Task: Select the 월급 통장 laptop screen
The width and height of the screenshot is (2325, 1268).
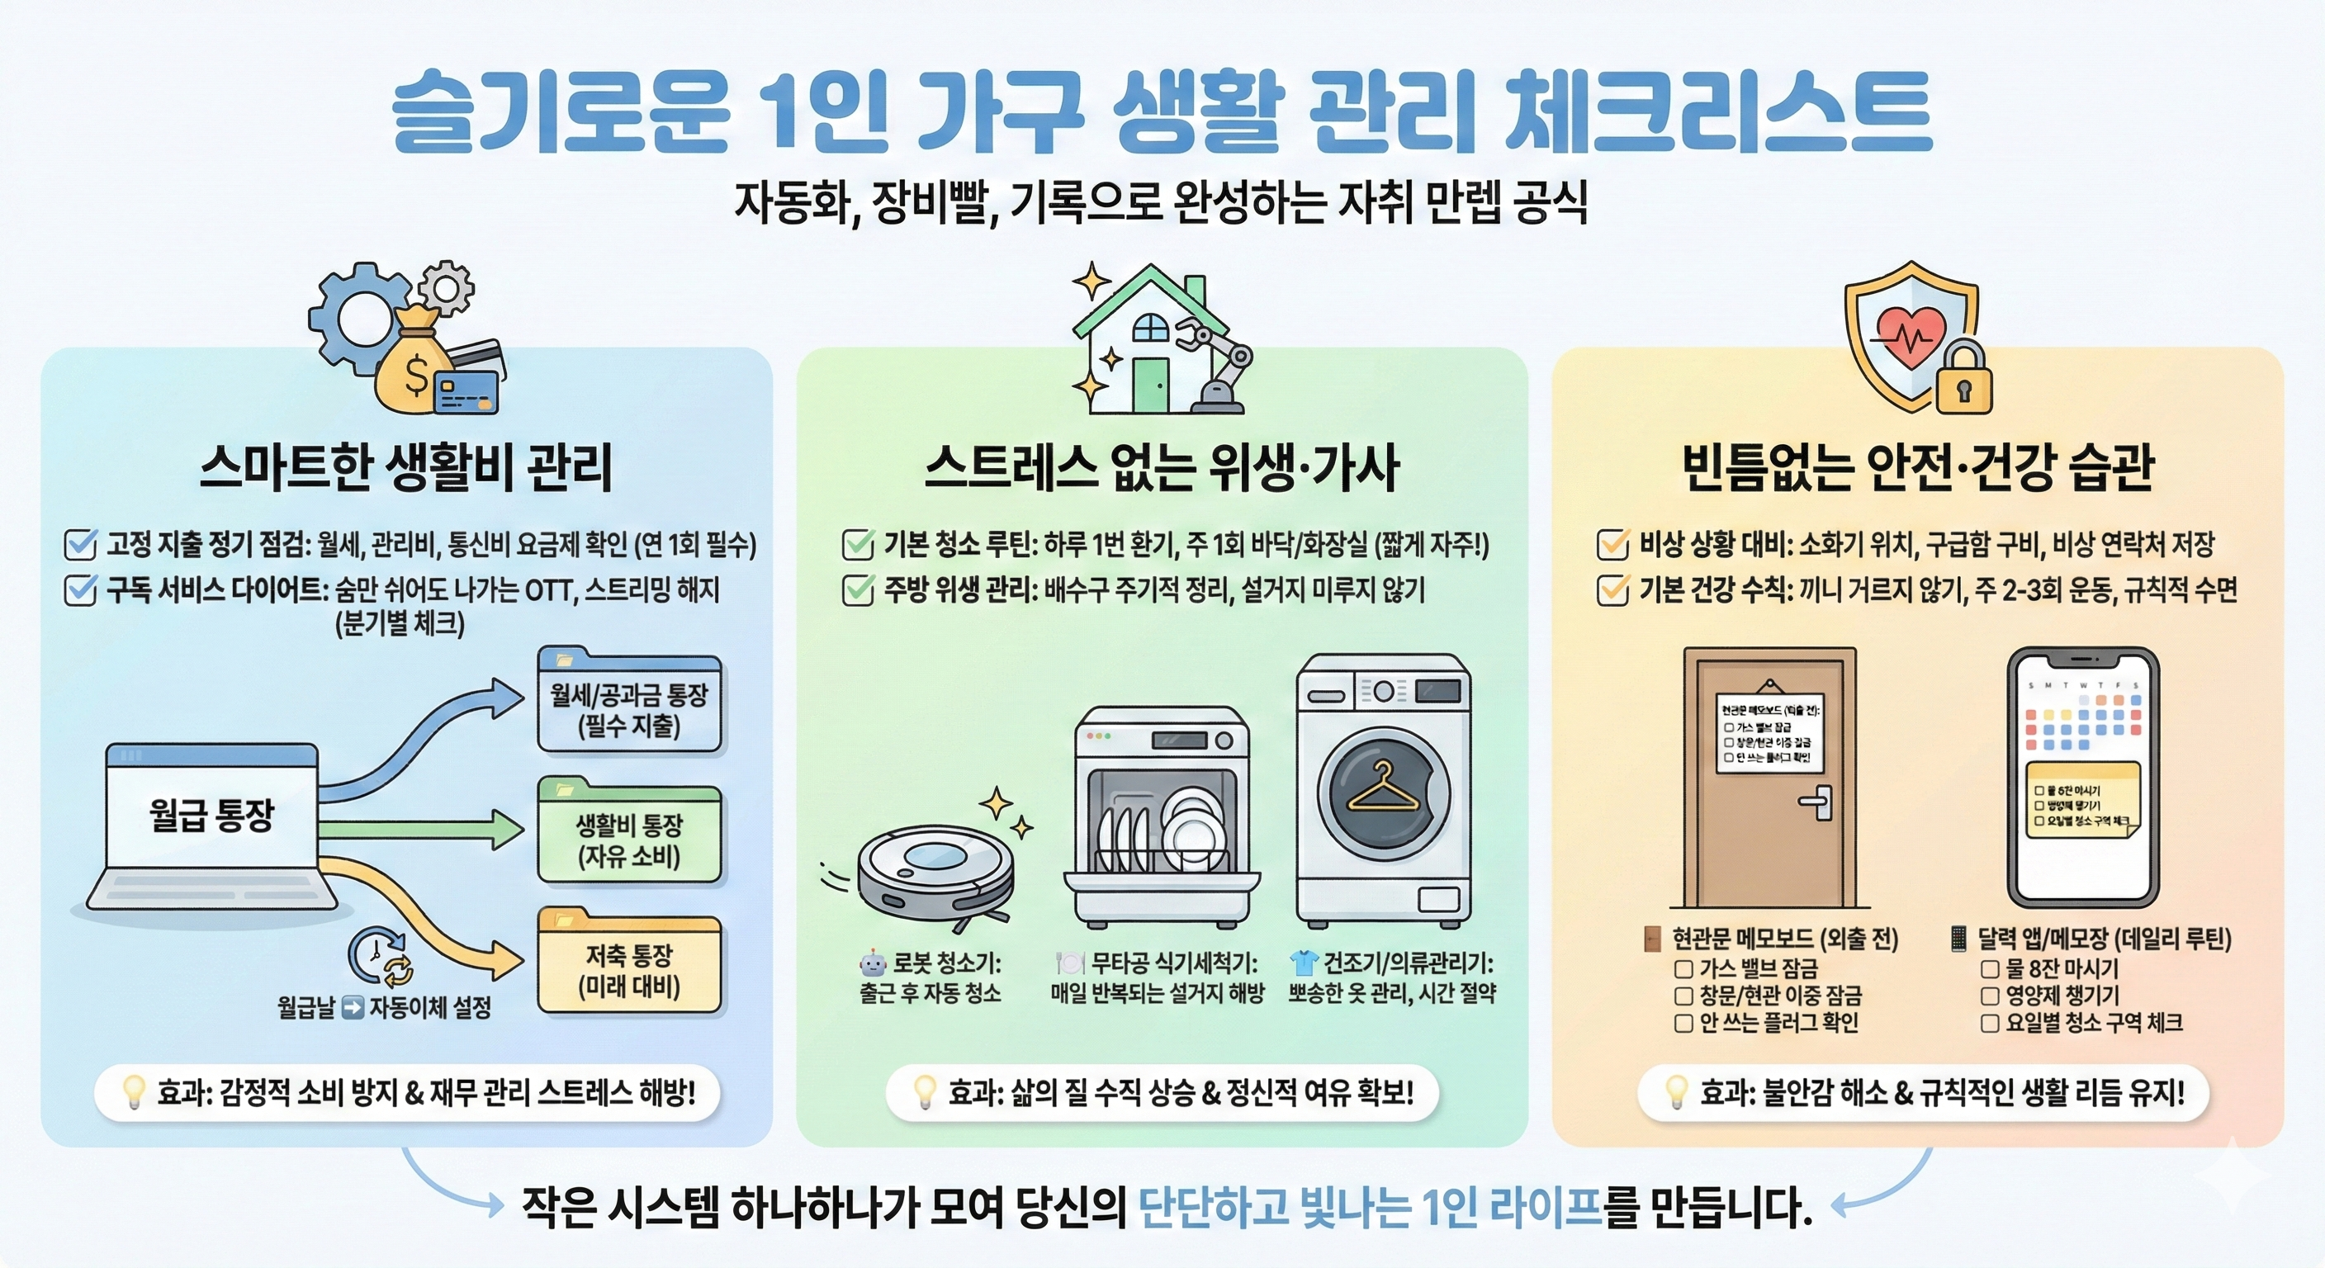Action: pyautogui.click(x=212, y=816)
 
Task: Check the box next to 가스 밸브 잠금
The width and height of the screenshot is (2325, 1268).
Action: pyautogui.click(x=1683, y=969)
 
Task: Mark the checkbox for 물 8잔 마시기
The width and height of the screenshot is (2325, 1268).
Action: pyautogui.click(x=1989, y=969)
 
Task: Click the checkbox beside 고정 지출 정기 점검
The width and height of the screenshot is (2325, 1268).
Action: pyautogui.click(x=80, y=544)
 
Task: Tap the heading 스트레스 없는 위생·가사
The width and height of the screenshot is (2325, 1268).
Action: pyautogui.click(x=1162, y=467)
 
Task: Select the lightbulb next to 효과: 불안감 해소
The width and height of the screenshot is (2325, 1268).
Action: pyautogui.click(x=1676, y=1092)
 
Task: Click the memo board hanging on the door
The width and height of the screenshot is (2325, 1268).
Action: pyautogui.click(x=1769, y=733)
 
